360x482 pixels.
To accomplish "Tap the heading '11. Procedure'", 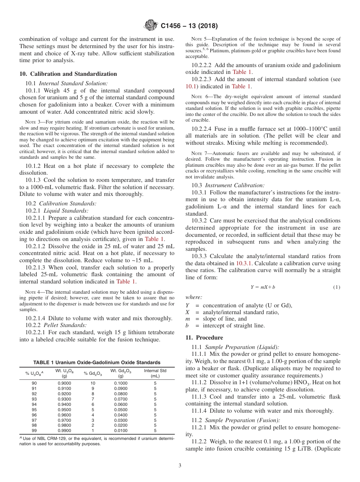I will pos(204,338).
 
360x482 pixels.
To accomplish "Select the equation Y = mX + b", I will pos(263,287).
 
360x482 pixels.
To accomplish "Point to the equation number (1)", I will pos(337,287).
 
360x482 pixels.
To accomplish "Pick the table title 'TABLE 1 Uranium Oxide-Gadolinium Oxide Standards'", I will pos(97,363).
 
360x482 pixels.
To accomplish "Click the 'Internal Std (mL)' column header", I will pos(155,373).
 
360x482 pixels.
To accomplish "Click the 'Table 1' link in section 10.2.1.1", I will pos(155,239).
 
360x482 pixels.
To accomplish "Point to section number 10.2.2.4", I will pos(202,129).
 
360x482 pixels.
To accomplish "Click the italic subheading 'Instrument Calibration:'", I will pos(235,185).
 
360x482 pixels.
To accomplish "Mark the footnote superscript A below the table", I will pos(20,438).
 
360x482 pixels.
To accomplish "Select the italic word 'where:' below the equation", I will pos(194,297).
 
